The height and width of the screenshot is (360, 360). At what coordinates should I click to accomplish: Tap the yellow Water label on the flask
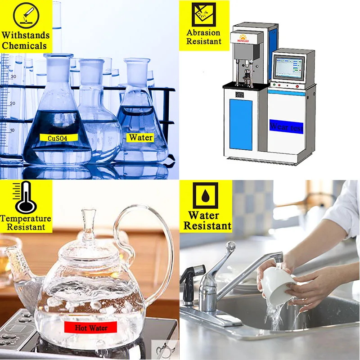(141, 138)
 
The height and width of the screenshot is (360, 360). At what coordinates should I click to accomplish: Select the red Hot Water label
(91, 328)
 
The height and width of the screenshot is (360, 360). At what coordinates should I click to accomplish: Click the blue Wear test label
(286, 126)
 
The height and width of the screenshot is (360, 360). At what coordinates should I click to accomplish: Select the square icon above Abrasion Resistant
(204, 14)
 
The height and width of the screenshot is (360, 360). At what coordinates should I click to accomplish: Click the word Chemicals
(25, 45)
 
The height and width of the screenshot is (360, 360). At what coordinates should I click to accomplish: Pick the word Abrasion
(204, 33)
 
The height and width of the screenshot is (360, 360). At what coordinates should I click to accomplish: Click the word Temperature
(26, 219)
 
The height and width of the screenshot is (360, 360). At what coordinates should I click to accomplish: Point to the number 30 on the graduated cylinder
(14, 76)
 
